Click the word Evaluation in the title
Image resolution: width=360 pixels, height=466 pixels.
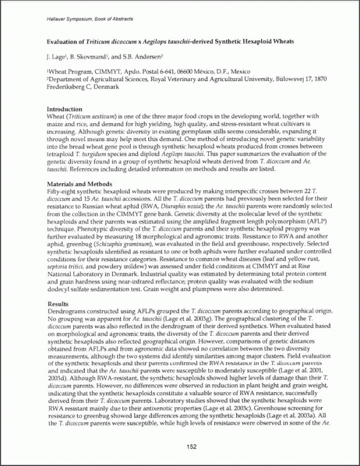point(65,43)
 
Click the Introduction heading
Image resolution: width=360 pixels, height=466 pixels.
point(64,109)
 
